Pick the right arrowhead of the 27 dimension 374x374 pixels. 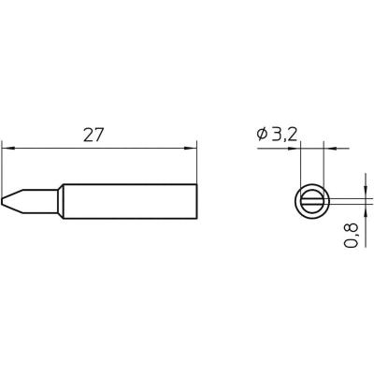(x=194, y=147)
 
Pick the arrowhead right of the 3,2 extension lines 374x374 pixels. (x=330, y=147)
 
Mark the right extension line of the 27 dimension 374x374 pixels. (x=198, y=164)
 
